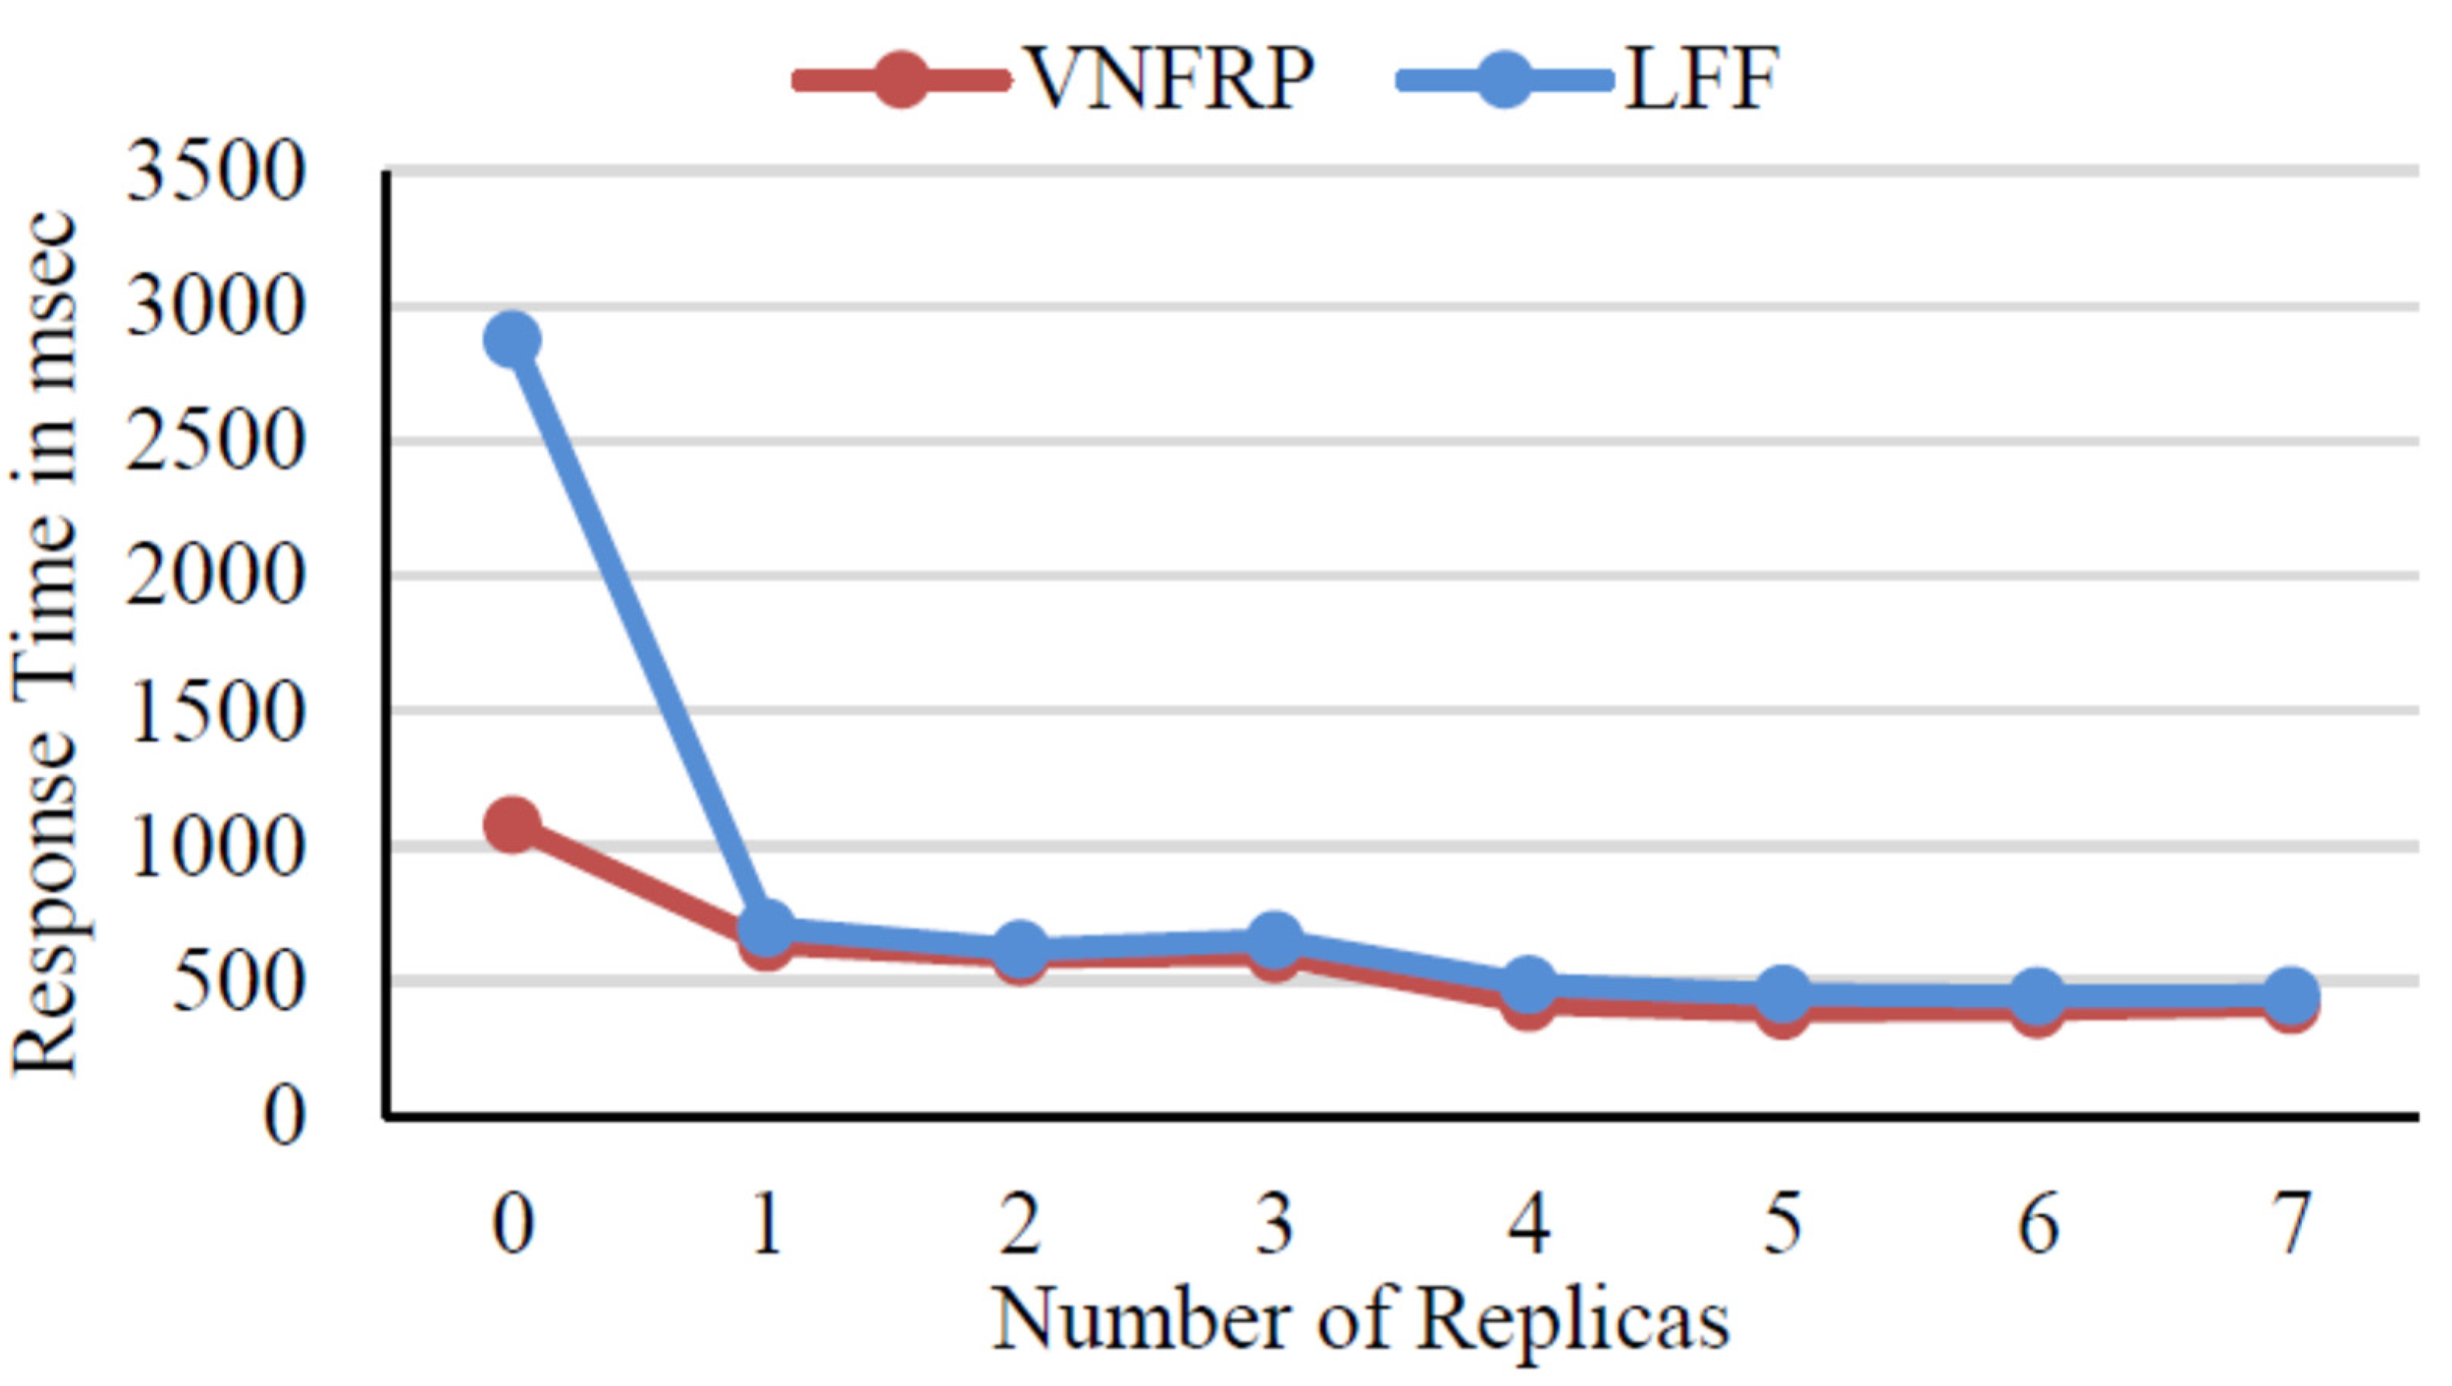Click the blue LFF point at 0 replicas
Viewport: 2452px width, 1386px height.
click(512, 340)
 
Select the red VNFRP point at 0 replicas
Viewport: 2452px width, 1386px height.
click(512, 824)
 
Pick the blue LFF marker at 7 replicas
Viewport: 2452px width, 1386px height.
click(2290, 994)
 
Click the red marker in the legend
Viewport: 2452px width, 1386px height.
click(899, 80)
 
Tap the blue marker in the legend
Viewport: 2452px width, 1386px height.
click(1503, 80)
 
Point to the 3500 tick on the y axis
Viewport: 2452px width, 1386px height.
click(215, 173)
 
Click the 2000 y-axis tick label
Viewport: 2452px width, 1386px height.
click(215, 577)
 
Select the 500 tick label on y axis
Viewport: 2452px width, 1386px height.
click(238, 981)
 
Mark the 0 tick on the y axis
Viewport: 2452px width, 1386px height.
click(284, 1116)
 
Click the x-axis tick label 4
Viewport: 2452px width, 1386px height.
click(1528, 1225)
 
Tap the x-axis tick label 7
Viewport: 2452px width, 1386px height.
click(2290, 1225)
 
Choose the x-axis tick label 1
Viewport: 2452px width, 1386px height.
click(767, 1225)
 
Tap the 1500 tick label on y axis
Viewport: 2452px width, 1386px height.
click(215, 712)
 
